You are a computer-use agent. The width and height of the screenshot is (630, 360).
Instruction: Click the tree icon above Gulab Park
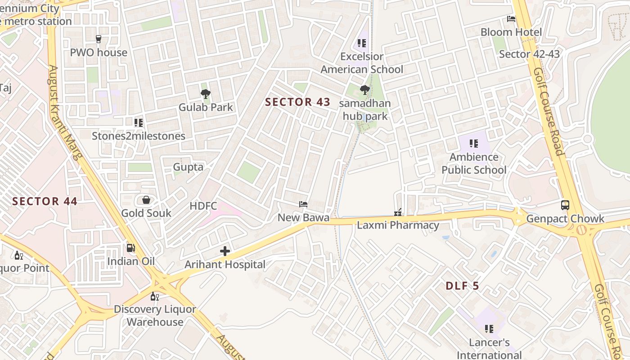click(x=206, y=94)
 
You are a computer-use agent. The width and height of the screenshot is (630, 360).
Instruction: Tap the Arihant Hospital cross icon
click(x=225, y=251)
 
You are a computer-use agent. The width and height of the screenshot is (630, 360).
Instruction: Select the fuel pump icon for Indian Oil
click(x=131, y=247)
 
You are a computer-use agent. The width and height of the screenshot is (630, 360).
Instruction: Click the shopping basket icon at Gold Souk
click(x=146, y=200)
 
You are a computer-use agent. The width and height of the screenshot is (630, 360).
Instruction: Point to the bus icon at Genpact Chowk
click(x=565, y=205)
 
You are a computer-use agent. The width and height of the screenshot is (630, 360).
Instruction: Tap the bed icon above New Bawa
click(x=303, y=204)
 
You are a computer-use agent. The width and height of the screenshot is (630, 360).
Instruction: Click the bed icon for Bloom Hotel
click(x=511, y=19)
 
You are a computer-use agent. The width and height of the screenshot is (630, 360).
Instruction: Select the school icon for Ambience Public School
click(x=473, y=144)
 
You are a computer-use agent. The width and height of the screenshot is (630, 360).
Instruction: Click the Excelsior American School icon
click(x=362, y=43)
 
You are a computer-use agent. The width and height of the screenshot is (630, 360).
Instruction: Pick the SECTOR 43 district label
click(x=297, y=102)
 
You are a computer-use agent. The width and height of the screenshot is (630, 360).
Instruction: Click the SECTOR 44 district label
click(x=45, y=201)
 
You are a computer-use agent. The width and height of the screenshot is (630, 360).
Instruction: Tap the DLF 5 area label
click(x=463, y=286)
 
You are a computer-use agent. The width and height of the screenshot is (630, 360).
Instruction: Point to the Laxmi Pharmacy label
click(x=398, y=225)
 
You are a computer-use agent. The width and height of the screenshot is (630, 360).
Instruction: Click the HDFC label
click(x=203, y=206)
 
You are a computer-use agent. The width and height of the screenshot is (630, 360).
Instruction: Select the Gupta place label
click(x=188, y=167)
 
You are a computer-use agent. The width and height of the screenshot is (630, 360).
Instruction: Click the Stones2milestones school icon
click(x=138, y=122)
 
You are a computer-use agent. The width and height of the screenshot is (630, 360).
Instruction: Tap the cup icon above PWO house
click(x=99, y=39)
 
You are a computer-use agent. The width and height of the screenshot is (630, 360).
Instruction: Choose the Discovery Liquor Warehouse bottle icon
click(x=154, y=296)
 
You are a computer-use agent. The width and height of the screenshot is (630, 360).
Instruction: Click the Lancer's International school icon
click(x=489, y=329)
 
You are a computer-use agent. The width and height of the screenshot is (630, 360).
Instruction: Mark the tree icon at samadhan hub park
click(x=365, y=90)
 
